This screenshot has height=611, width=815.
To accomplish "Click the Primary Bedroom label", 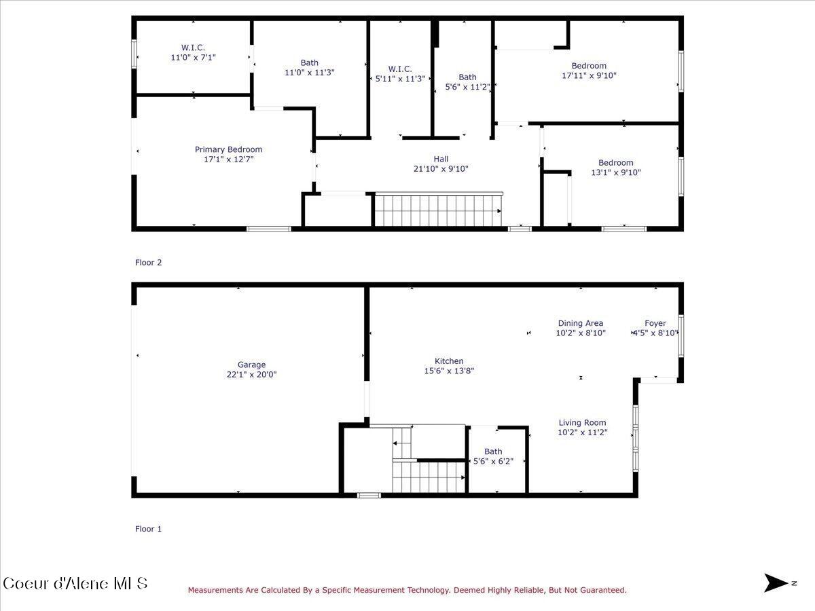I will (x=228, y=149).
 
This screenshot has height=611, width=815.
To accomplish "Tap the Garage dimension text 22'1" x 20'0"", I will (x=251, y=374).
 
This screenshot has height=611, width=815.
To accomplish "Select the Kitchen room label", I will (x=449, y=361).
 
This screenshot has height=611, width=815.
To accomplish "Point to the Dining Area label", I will (x=580, y=323).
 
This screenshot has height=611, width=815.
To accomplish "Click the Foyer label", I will (x=655, y=323).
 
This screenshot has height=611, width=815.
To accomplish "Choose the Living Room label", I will (x=582, y=422).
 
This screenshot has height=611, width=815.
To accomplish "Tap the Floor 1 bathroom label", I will (x=493, y=451).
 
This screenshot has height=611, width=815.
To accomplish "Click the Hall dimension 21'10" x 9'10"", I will (x=441, y=169).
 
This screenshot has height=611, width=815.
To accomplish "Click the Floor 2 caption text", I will (x=149, y=262).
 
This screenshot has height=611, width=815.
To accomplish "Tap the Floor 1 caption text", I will (x=149, y=529).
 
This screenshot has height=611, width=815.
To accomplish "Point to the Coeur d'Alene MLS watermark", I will (x=75, y=583).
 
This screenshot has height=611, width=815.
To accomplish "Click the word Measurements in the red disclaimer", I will (x=216, y=591).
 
